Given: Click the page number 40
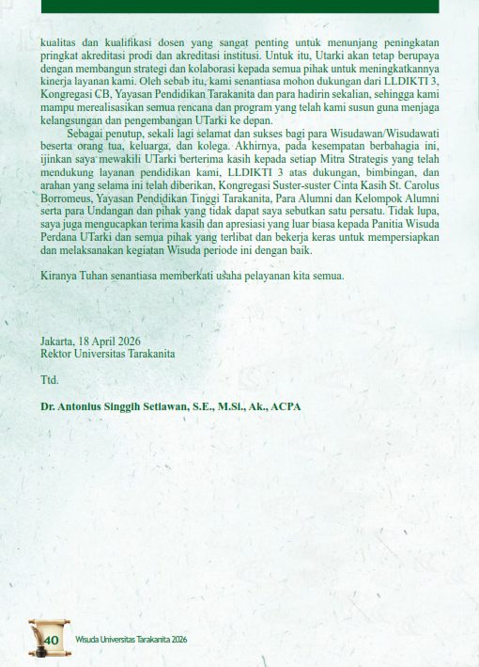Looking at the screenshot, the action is pyautogui.click(x=52, y=641).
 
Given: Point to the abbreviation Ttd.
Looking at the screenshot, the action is pyautogui.click(x=49, y=380).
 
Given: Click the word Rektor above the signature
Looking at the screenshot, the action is pyautogui.click(x=57, y=354).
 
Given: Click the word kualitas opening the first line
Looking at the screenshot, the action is pyautogui.click(x=59, y=42).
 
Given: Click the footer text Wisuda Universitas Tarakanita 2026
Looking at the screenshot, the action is pyautogui.click(x=131, y=641).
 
